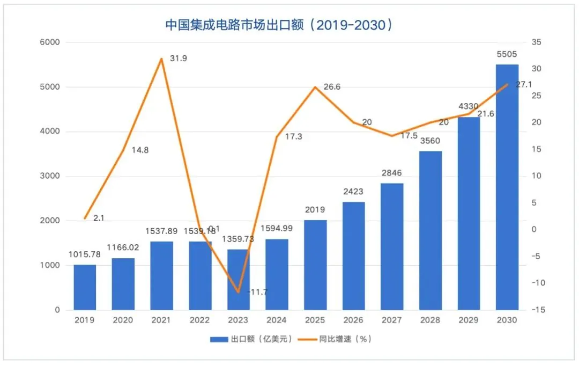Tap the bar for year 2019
(x=85, y=287)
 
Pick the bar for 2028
(x=430, y=230)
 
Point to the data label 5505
(x=507, y=54)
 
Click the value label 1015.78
(x=85, y=254)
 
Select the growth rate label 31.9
(x=179, y=58)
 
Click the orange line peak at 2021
(x=161, y=59)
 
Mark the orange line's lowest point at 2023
(x=238, y=292)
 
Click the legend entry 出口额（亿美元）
(x=252, y=339)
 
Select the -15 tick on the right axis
(x=538, y=310)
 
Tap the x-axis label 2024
(x=277, y=320)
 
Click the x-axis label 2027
(x=392, y=320)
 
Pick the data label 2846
(x=392, y=173)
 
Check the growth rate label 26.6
(x=331, y=87)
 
